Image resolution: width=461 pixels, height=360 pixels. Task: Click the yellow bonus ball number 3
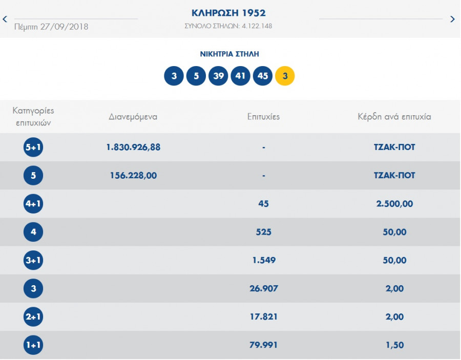coord(285,76)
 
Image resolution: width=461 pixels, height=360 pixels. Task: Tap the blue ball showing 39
coord(218,76)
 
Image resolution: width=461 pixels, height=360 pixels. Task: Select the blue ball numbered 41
coord(241,76)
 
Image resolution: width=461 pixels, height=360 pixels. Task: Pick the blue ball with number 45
coord(263,76)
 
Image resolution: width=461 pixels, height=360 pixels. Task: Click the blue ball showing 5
coord(196,76)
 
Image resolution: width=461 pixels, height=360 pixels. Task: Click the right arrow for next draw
coord(452,19)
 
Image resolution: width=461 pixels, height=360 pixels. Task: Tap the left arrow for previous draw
coord(5,19)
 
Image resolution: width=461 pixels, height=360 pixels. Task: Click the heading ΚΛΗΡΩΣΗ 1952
coord(228,13)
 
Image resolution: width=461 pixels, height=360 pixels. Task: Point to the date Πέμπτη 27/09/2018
coord(51,27)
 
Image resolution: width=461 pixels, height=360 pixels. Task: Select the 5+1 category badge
coord(33,147)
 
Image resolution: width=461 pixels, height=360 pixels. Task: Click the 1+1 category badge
coord(33,345)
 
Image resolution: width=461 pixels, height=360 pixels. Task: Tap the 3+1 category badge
coord(33,261)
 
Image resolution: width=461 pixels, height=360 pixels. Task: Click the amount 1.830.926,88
coord(133,147)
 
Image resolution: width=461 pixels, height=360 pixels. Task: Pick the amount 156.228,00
coord(133,175)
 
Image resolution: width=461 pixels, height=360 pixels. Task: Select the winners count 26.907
coord(263,289)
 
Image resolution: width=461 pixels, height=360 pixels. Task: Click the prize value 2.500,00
coord(394,204)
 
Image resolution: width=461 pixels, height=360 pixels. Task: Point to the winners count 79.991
coord(263,345)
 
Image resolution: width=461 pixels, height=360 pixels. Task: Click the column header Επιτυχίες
coord(263,117)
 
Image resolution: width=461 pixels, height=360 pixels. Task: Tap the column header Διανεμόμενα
coord(133,117)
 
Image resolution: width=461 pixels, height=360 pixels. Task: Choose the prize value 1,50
coord(394,345)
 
